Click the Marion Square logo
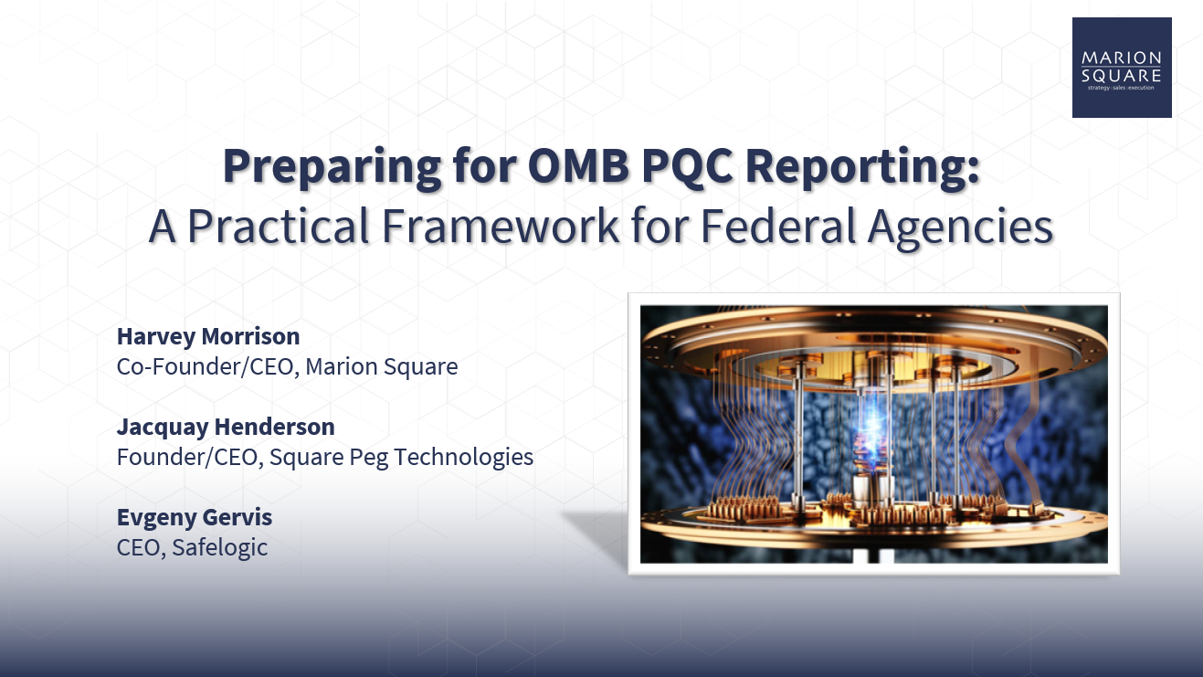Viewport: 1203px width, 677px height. tap(1121, 67)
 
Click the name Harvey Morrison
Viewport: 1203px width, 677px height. tap(208, 336)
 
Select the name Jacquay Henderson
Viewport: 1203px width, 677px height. tap(226, 426)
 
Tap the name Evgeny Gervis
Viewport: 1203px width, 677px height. tap(195, 516)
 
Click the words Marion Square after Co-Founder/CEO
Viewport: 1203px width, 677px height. tap(382, 366)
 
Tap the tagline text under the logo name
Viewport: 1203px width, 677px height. tap(1121, 88)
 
